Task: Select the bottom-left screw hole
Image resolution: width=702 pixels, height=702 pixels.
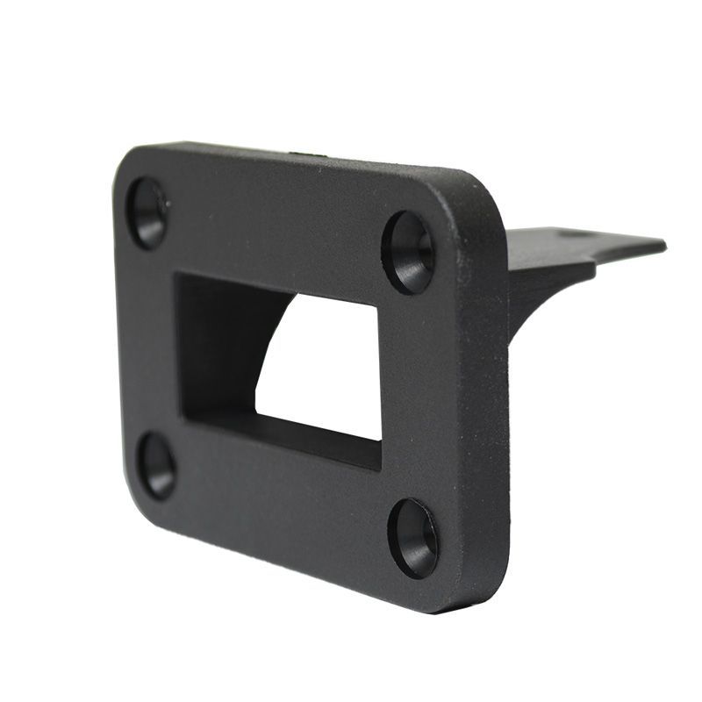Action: pyautogui.click(x=157, y=465)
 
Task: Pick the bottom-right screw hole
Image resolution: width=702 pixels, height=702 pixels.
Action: pyautogui.click(x=413, y=537)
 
